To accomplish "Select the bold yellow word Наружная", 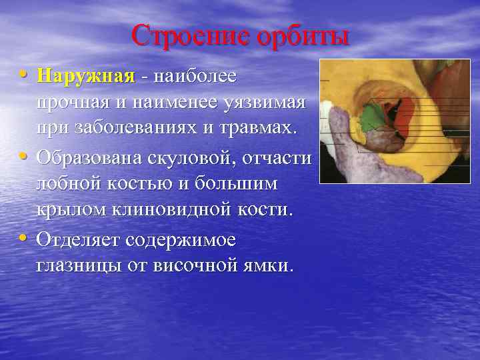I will [86, 76].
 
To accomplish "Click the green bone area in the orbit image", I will [371, 118].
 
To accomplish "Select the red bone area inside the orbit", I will [404, 113].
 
